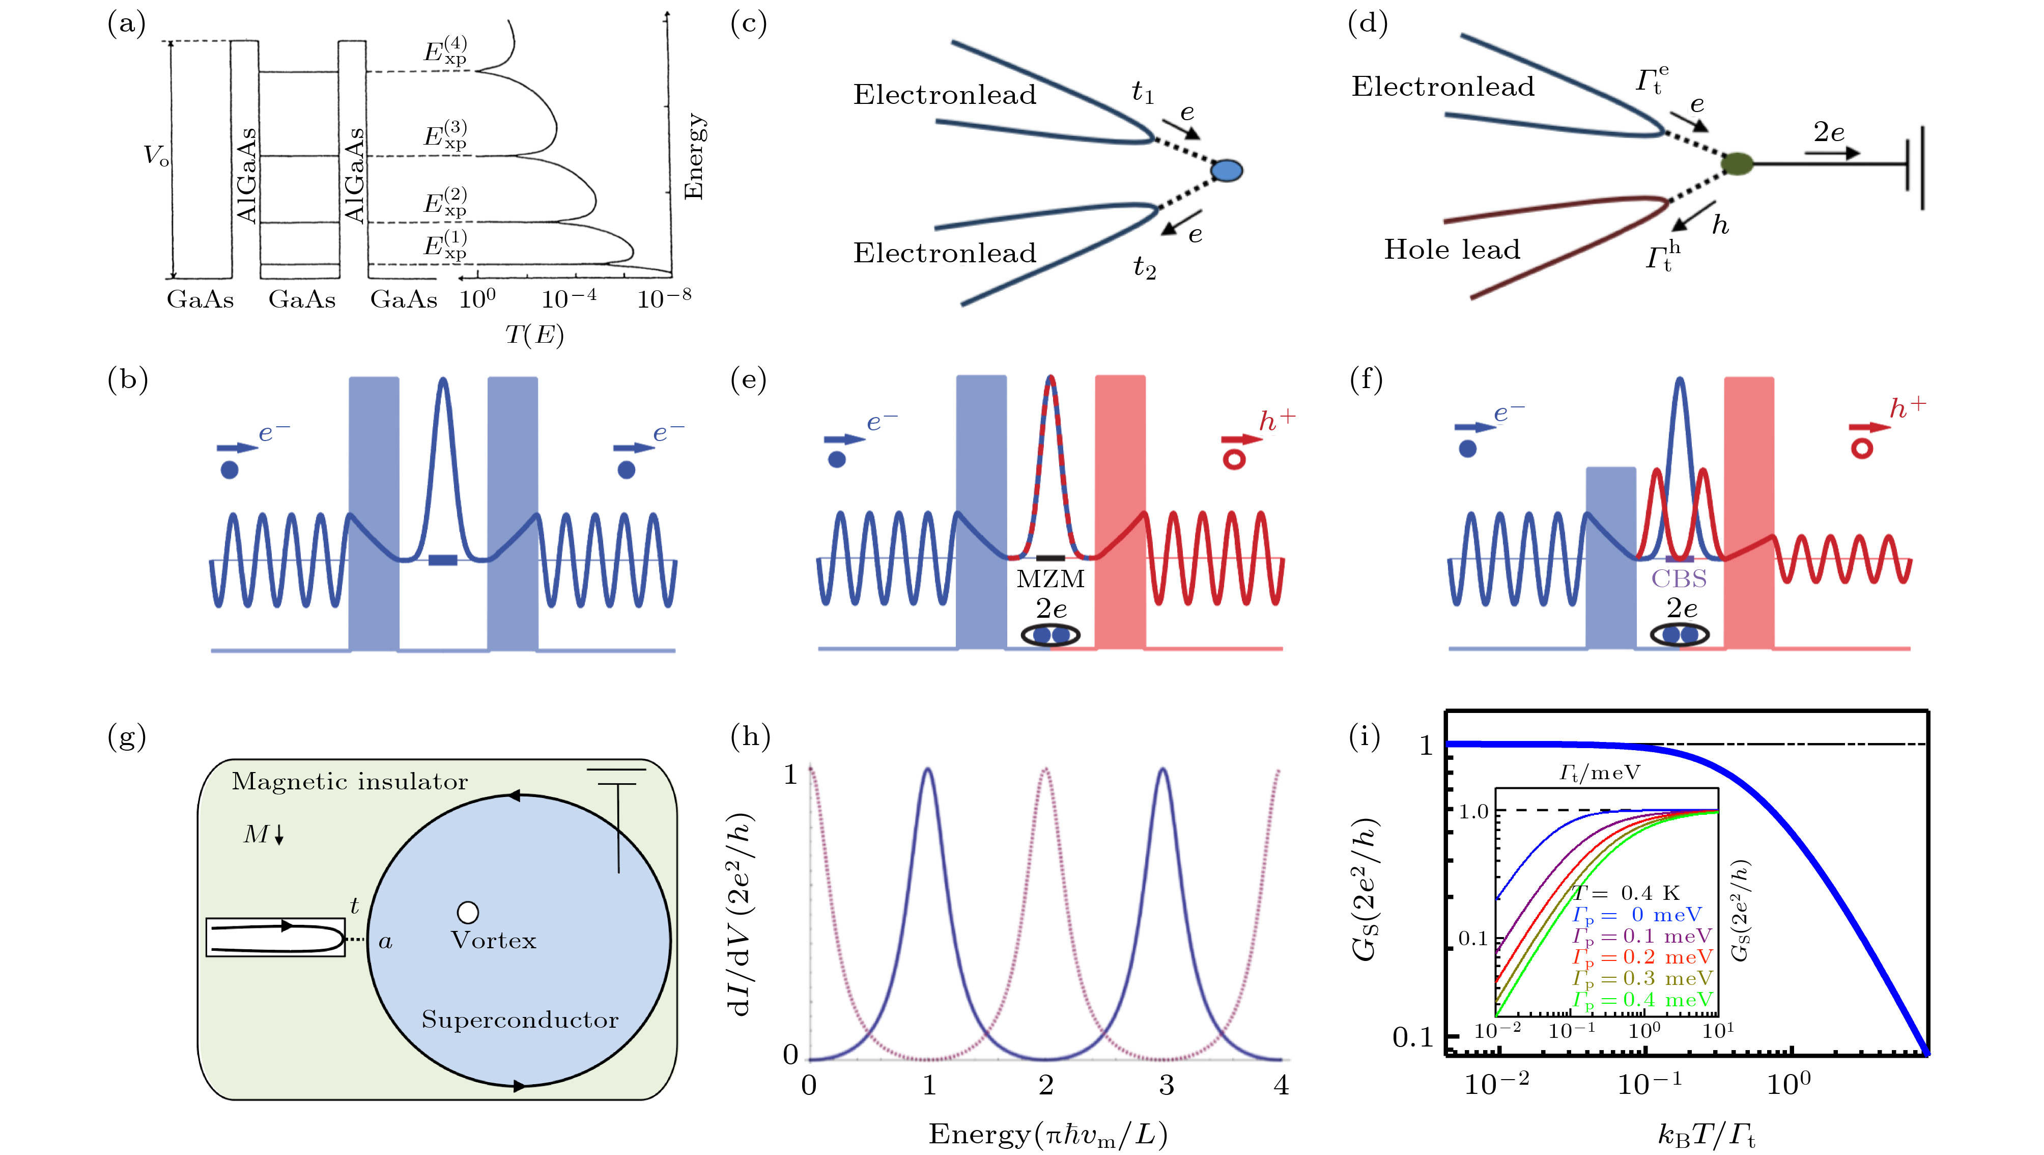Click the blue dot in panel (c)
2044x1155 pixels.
1227,170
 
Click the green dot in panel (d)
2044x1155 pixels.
1737,163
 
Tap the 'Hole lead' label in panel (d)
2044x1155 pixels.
1452,249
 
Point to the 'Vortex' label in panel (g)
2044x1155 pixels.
494,941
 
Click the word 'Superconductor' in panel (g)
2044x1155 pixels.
520,1020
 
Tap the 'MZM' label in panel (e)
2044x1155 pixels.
1051,579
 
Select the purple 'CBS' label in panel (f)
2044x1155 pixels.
1679,579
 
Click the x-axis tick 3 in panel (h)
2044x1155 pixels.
1166,1085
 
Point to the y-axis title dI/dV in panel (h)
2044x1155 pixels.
740,913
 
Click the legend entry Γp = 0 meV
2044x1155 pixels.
1636,915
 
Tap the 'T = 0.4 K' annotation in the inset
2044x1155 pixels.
1627,893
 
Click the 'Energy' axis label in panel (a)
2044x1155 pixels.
694,156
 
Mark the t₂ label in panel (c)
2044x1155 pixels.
1144,267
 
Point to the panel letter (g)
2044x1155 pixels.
127,737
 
